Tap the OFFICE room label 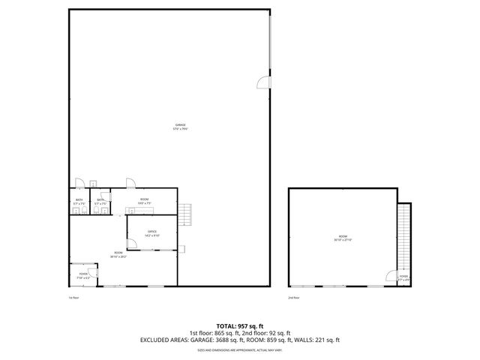(x=151, y=232)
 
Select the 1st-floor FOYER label (x=82, y=275)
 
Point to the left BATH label (x=78, y=200)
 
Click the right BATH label (x=100, y=200)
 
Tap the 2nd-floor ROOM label (x=342, y=239)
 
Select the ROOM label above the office (x=144, y=200)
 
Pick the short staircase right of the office (x=187, y=216)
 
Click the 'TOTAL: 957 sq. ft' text (x=239, y=326)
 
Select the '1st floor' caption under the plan (x=73, y=298)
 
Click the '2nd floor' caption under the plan (x=294, y=298)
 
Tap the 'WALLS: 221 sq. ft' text (x=318, y=340)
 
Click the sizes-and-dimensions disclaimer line (x=239, y=349)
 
